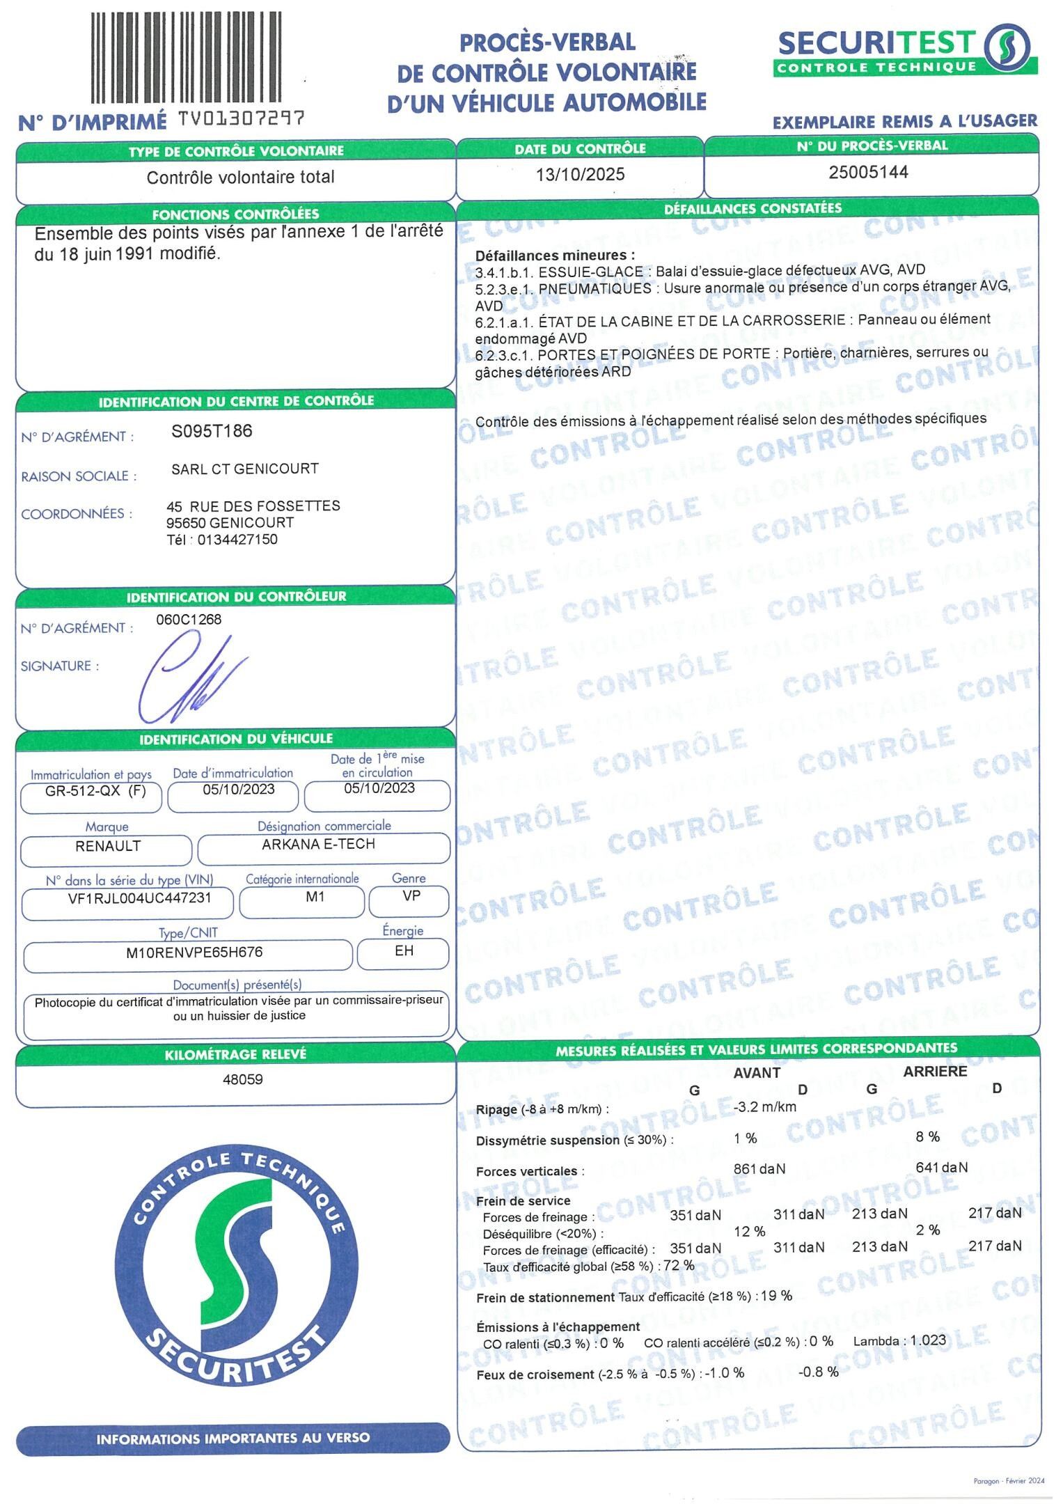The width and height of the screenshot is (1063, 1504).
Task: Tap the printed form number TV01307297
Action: [241, 120]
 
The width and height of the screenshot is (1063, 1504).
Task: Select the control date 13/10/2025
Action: [580, 174]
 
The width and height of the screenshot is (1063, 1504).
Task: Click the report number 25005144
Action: [868, 172]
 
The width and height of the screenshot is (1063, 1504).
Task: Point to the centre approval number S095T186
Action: [212, 432]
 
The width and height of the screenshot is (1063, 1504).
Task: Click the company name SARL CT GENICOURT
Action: [244, 469]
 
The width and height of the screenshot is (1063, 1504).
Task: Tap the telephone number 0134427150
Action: [237, 540]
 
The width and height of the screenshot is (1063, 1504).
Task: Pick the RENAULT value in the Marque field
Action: [108, 846]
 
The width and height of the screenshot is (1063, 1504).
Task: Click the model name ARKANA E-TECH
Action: [318, 844]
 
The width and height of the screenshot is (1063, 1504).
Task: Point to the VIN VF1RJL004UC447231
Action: [139, 898]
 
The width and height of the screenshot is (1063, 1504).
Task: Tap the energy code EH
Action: [404, 950]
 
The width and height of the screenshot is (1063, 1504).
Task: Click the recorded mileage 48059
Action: [242, 1079]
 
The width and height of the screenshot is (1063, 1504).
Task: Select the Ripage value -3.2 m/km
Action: [764, 1107]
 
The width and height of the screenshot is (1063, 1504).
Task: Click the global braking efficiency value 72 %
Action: [679, 1265]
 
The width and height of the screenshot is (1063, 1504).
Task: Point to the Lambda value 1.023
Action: [928, 1340]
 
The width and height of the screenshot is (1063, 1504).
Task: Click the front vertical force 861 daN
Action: [759, 1169]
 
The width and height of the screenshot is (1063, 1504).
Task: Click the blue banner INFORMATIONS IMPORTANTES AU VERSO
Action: [233, 1439]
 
